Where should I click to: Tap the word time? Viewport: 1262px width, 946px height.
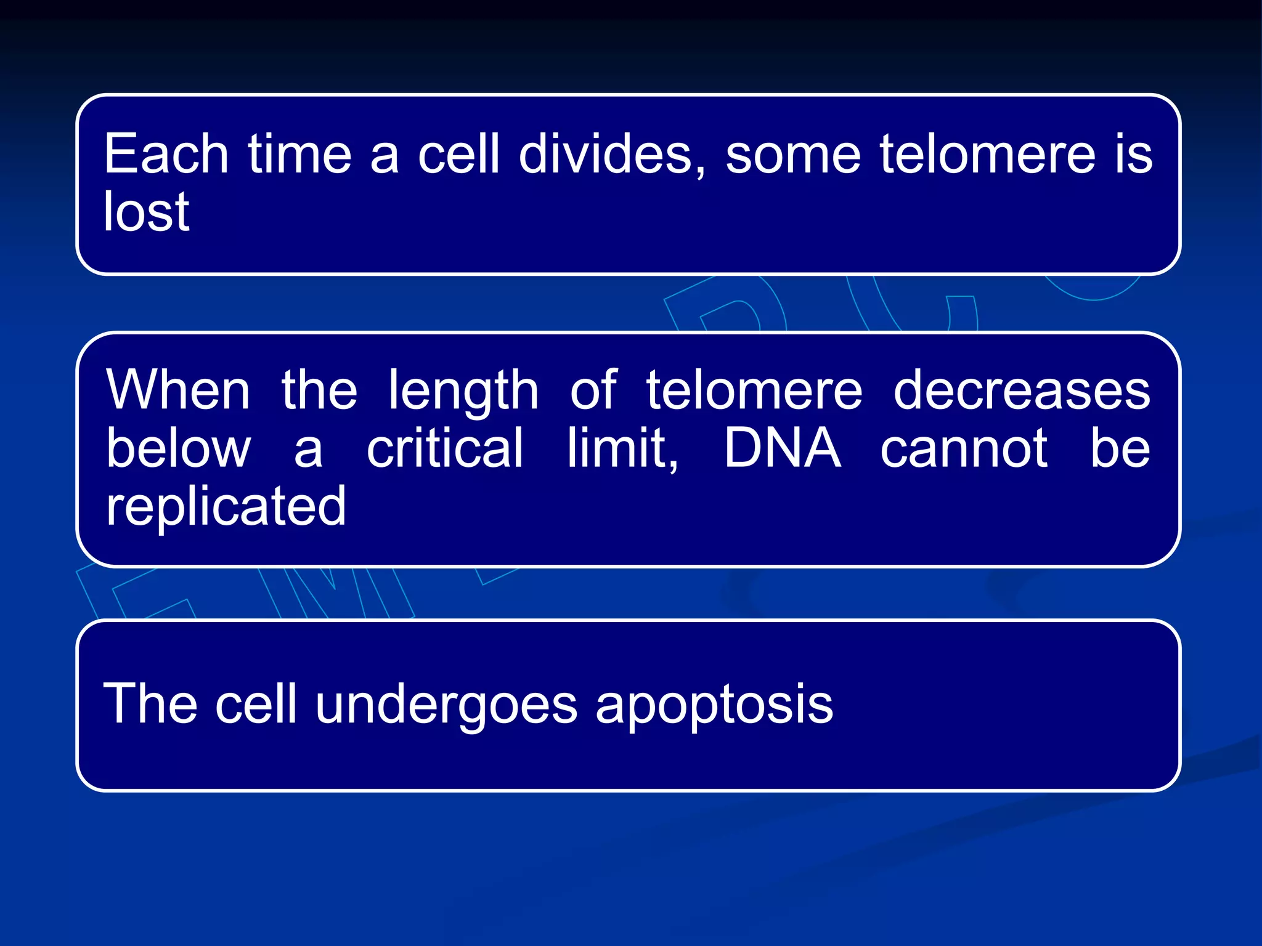point(299,154)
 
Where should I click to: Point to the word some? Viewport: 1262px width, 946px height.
point(792,154)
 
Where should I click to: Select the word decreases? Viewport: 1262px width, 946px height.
point(1022,390)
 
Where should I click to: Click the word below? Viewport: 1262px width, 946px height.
point(178,448)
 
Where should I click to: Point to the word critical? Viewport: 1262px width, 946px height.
point(445,448)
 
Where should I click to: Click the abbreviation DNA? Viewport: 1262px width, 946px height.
point(782,448)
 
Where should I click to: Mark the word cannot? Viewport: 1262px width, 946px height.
point(964,449)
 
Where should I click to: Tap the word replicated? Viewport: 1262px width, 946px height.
point(226,507)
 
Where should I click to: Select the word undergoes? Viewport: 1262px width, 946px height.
point(447,706)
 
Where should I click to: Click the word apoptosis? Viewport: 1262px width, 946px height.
point(714,706)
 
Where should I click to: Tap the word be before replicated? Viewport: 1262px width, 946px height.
point(1120,448)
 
